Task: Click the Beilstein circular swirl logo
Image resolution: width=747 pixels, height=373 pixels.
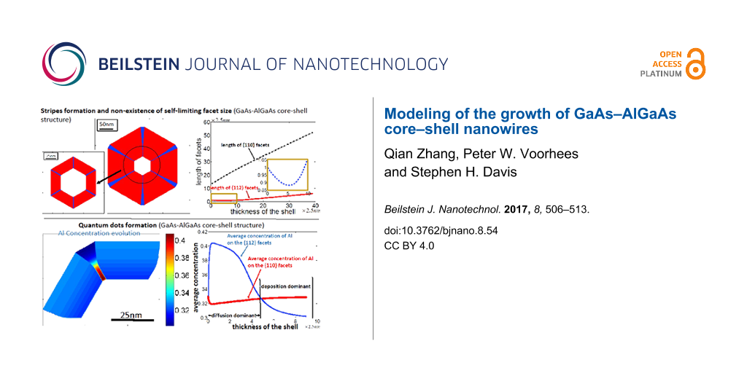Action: click(x=63, y=64)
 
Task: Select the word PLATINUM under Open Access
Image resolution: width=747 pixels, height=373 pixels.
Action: click(x=661, y=74)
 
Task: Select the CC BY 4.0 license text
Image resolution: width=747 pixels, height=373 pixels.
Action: click(x=409, y=246)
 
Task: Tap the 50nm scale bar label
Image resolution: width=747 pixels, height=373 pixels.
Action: click(x=108, y=125)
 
